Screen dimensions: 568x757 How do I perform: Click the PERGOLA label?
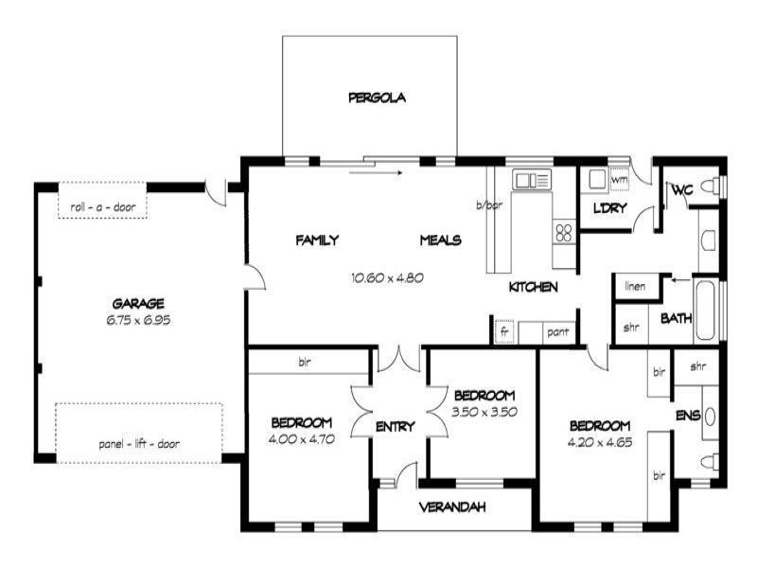coord(377,97)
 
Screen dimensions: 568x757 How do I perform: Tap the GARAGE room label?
coord(138,304)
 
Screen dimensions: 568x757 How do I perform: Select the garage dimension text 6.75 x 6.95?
coord(138,320)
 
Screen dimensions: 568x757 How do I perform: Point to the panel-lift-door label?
coord(138,443)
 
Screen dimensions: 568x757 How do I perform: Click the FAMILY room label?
coord(317,240)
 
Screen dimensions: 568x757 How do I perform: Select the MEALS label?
coord(440,240)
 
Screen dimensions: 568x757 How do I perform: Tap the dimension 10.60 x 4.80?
coord(385,278)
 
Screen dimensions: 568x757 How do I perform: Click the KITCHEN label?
coord(533,287)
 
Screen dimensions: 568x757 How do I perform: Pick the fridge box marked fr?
coord(504,332)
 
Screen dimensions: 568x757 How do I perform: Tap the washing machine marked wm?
coord(620,179)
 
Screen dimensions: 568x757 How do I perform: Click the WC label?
coord(681,190)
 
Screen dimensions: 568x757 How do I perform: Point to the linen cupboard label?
coord(636,286)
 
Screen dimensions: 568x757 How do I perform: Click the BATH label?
coord(676,318)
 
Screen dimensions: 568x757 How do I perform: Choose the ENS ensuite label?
coord(687,415)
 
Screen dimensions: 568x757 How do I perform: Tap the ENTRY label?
coord(395,427)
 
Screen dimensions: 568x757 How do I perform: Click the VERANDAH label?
coord(452,507)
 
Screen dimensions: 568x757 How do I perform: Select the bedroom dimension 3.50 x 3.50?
coord(484,412)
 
